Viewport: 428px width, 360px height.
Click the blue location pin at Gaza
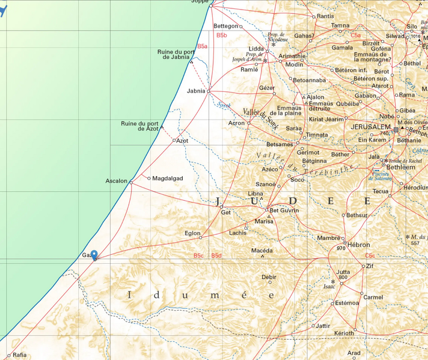pos(94,255)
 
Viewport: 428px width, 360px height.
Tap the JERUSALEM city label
pos(370,128)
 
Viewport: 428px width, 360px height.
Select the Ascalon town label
pos(116,181)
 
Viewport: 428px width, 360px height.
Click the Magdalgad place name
pos(167,178)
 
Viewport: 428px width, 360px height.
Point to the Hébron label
pos(359,245)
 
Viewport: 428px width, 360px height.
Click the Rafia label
pos(19,355)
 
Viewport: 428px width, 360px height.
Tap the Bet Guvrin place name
pos(284,210)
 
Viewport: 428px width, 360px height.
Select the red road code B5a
pos(202,46)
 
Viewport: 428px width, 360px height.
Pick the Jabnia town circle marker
pos(209,91)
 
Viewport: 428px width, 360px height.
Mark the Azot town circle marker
pos(174,141)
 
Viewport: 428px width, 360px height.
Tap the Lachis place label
pos(237,233)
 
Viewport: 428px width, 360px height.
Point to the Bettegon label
pos(226,26)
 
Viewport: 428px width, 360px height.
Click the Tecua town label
pos(381,191)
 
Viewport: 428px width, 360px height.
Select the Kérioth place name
pos(344,333)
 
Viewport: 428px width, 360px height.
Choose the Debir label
pos(269,277)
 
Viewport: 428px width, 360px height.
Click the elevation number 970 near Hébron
pos(341,248)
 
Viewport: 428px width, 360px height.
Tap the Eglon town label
pos(192,233)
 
